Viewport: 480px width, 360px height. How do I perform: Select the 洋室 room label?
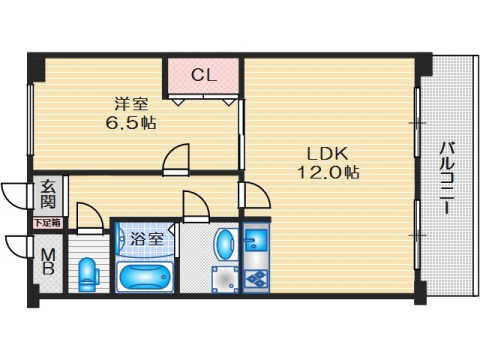[x=130, y=103]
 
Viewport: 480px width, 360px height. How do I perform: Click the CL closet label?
[x=203, y=74]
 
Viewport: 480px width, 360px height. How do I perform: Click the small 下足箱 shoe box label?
[x=47, y=223]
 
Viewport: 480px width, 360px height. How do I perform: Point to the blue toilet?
[x=88, y=273]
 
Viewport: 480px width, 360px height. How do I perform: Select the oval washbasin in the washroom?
[x=226, y=244]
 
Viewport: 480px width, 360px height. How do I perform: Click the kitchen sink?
[x=255, y=241]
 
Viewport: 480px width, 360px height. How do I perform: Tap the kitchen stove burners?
[x=255, y=276]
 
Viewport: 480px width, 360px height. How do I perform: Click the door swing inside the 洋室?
[x=178, y=158]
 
